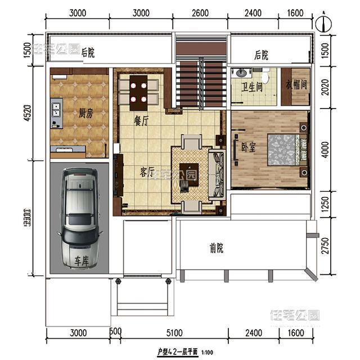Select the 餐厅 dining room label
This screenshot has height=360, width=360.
click(x=141, y=120)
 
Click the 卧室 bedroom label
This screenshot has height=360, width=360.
click(x=249, y=147)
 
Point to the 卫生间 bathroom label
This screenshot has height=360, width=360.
click(x=252, y=87)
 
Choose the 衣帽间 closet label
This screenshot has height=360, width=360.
click(x=296, y=85)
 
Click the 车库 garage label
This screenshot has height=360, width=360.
click(x=82, y=261)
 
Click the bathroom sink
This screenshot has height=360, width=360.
click(x=242, y=73)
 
